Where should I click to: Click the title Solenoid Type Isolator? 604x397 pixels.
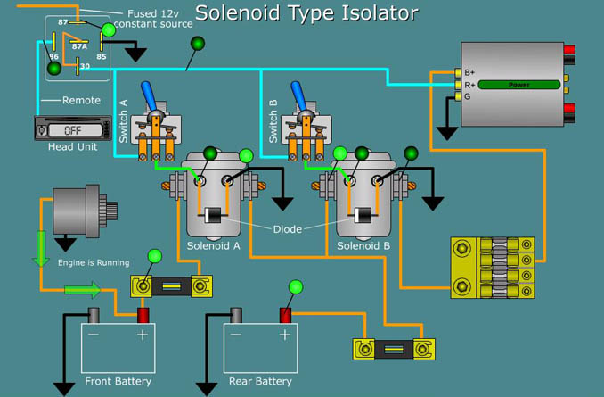click(x=306, y=12)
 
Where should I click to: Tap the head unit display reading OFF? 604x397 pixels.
click(x=71, y=130)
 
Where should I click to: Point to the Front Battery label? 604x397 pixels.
click(x=118, y=382)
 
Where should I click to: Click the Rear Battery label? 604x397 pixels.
click(x=260, y=382)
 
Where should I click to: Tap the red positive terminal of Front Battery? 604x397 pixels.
click(x=142, y=315)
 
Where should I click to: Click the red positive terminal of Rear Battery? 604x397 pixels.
click(x=286, y=315)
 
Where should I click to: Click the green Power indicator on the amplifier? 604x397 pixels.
click(x=519, y=85)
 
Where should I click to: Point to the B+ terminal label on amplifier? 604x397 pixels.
click(x=469, y=72)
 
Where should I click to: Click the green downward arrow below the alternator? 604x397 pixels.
click(x=40, y=247)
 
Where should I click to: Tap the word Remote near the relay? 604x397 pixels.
click(x=82, y=101)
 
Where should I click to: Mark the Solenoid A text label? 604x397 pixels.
click(x=214, y=245)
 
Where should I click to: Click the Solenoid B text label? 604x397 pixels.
click(x=363, y=245)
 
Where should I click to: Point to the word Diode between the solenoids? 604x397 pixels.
click(x=287, y=229)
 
